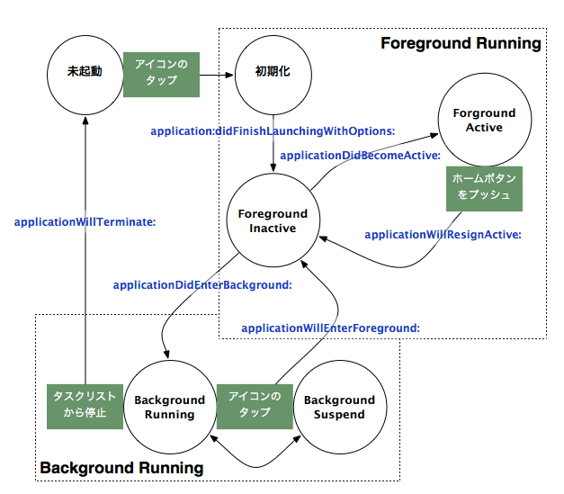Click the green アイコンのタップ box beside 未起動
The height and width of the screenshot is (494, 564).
162,75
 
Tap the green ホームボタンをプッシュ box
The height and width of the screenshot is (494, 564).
484,189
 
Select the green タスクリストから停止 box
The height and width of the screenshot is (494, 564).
85,407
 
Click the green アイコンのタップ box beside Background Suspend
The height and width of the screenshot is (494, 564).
255,407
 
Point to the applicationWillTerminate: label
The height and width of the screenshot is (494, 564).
85,222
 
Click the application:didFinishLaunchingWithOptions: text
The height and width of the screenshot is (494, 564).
273,131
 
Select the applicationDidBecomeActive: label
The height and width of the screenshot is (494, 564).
361,156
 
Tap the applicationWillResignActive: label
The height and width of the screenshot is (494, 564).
443,235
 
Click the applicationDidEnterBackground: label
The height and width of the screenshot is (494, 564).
202,285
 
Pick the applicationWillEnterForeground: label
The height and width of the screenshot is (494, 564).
330,328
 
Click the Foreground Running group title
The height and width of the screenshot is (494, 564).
461,43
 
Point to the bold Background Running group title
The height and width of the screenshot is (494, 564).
121,468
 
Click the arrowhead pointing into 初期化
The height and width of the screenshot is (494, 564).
229,75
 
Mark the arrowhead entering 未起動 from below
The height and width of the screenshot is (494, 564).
85,121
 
